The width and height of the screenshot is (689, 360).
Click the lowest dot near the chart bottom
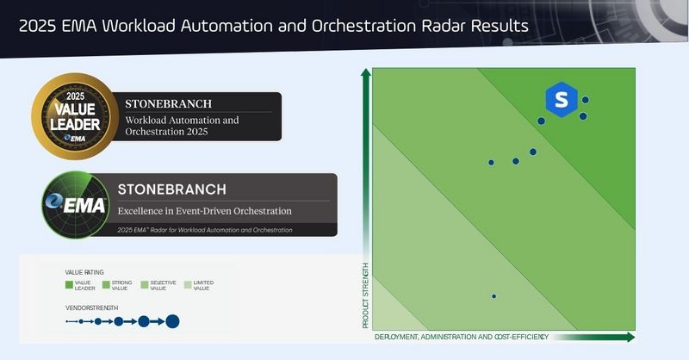[x=493, y=296]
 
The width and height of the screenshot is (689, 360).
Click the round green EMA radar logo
[x=76, y=205]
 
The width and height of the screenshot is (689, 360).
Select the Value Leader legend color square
[x=70, y=284]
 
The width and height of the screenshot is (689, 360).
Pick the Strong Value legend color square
[x=107, y=284]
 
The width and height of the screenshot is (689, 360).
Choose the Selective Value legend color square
[x=144, y=284]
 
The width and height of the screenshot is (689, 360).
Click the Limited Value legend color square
[x=188, y=284]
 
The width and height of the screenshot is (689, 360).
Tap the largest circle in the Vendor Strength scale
[x=172, y=321]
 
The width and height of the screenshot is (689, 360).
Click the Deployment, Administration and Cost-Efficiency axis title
[x=462, y=336]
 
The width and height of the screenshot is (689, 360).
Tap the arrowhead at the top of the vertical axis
[x=366, y=76]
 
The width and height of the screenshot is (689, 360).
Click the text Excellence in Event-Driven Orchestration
[x=204, y=211]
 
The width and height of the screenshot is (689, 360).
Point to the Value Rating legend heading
[x=84, y=272]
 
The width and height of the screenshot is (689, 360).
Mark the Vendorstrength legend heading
[x=92, y=307]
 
